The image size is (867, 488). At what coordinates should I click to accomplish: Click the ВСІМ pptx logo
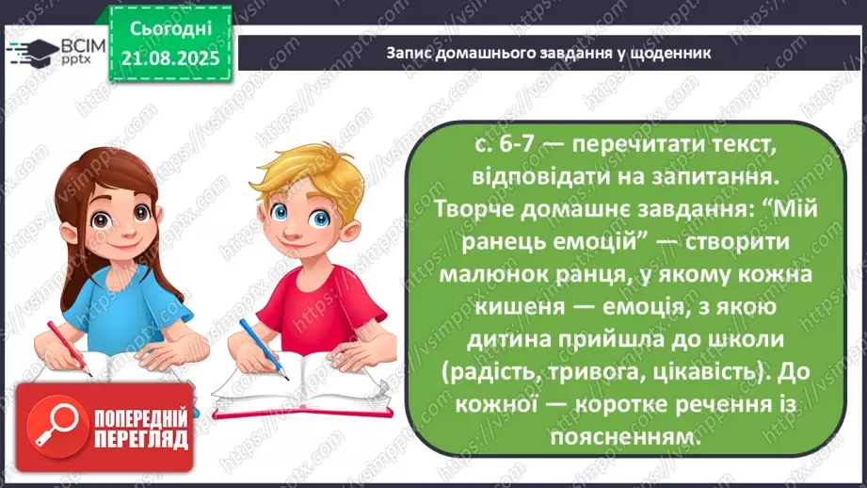click(x=52, y=50)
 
